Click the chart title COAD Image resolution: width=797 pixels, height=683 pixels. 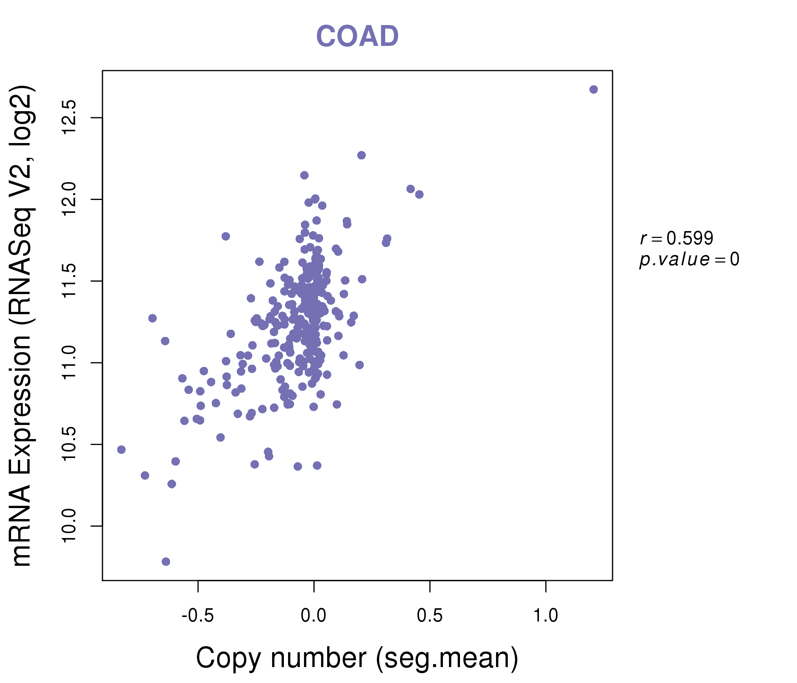(357, 36)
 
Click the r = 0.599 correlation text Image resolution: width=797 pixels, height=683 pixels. (677, 238)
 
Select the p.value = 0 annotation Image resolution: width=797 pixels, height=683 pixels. (689, 260)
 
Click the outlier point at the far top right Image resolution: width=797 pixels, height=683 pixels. (594, 90)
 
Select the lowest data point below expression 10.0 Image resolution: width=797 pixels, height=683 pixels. (166, 562)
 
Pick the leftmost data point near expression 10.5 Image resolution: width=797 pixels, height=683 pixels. (121, 450)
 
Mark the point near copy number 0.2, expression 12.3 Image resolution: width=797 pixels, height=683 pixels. (361, 155)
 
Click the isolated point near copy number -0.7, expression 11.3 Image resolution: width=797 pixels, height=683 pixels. (153, 318)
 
